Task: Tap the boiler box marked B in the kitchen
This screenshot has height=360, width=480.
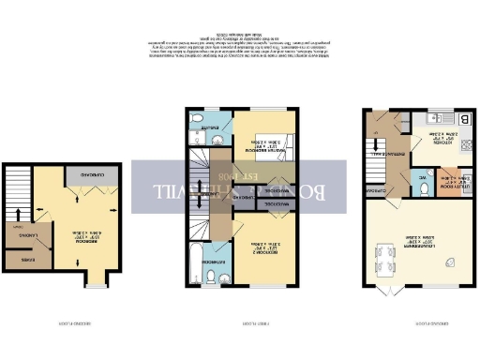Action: tap(465, 119)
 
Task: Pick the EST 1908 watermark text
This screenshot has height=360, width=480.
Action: tap(235, 176)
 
